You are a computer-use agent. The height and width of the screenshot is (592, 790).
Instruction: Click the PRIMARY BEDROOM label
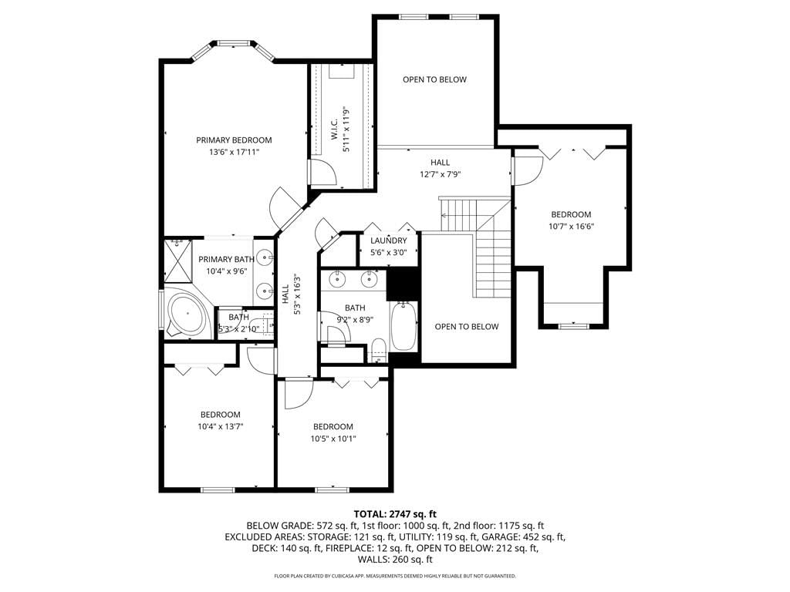coord(234,140)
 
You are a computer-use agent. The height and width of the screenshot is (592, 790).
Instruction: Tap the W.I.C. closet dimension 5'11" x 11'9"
coord(346,129)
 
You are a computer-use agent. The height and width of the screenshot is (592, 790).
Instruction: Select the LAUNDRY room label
coord(389,240)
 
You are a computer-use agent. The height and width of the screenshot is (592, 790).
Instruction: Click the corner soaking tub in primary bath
coord(187,313)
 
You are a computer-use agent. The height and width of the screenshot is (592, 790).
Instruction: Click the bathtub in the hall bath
coord(403,326)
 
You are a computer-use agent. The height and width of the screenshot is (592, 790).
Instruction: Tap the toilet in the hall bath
coord(377,350)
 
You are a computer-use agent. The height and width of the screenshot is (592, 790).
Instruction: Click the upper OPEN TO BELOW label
coord(435,79)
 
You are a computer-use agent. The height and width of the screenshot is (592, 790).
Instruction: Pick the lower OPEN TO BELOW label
coord(467,327)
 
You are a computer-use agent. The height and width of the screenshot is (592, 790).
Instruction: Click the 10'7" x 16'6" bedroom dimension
coord(572,227)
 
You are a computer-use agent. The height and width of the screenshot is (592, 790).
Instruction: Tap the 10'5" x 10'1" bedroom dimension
coord(333,439)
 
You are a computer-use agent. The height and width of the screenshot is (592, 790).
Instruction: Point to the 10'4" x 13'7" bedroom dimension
coord(221,426)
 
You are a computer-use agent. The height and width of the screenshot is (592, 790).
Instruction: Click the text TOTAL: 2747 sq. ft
coord(395,514)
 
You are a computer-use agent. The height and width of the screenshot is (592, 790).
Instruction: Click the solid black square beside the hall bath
coord(403,284)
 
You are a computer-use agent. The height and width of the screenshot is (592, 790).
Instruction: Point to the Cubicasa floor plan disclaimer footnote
coord(395,576)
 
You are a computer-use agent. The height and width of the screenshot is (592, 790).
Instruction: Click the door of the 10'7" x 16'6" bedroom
coord(528,171)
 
